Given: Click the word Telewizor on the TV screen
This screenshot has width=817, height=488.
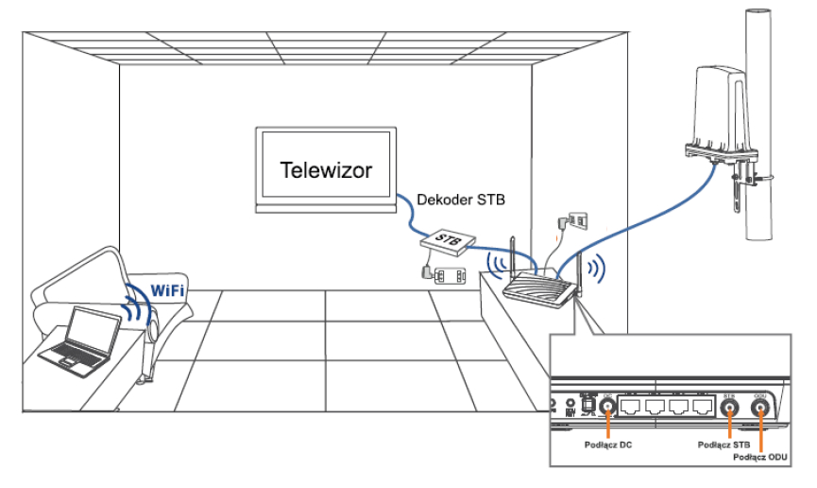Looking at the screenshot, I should click(326, 171).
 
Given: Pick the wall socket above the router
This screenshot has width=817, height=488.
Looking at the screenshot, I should click(577, 219).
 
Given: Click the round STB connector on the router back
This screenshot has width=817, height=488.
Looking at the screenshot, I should click(729, 408).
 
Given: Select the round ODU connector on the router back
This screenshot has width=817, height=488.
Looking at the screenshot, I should click(760, 408).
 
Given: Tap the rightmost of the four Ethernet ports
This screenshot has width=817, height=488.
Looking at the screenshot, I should click(702, 408).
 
